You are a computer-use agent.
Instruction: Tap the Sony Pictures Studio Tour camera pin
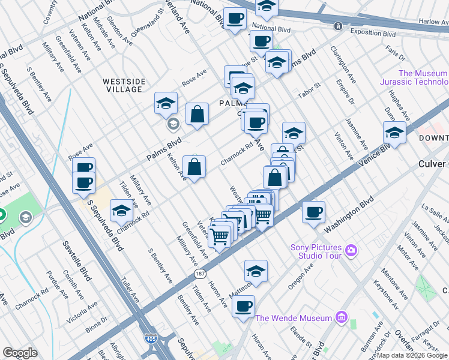[x=351, y=250]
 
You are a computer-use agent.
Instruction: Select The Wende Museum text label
[x=294, y=317]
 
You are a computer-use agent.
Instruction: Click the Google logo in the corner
[x=20, y=353]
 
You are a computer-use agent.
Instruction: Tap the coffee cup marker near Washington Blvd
[x=313, y=212]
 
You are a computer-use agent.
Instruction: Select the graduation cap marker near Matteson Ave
[x=256, y=271]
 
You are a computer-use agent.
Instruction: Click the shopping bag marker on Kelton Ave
[x=194, y=167]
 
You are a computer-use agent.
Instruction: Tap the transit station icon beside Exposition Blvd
[x=339, y=26]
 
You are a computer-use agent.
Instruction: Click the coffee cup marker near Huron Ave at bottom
[x=244, y=307]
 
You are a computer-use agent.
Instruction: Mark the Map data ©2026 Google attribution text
[x=411, y=355]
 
